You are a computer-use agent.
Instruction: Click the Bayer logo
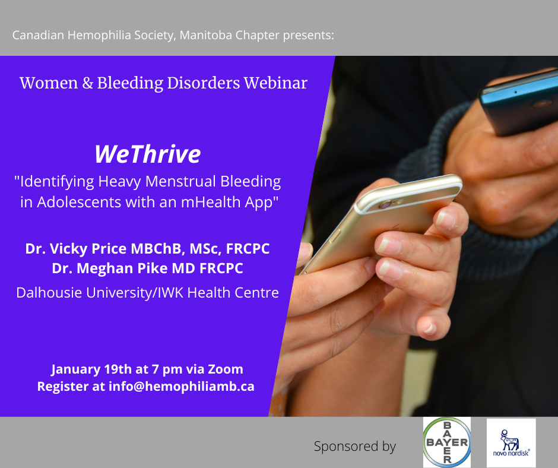(x=446, y=442)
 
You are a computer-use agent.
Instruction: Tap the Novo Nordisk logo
(x=511, y=443)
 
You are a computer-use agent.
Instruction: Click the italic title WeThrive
(x=148, y=154)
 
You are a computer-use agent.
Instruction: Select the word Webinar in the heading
(x=275, y=83)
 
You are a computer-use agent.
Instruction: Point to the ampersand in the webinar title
(x=87, y=83)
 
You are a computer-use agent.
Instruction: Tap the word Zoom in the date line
(x=225, y=369)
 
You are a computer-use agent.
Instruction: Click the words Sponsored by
(x=355, y=447)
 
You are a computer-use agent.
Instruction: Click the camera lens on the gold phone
(x=385, y=205)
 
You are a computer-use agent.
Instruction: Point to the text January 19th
(x=91, y=369)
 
